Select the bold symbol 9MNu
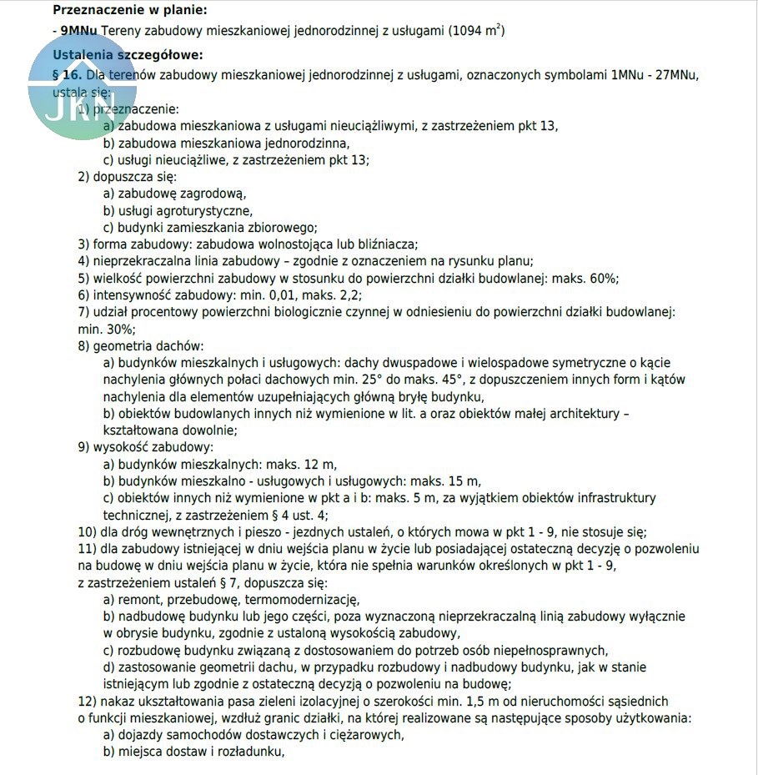click(78, 31)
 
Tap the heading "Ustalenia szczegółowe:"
click(127, 55)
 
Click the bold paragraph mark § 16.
click(66, 75)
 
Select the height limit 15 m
click(464, 481)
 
